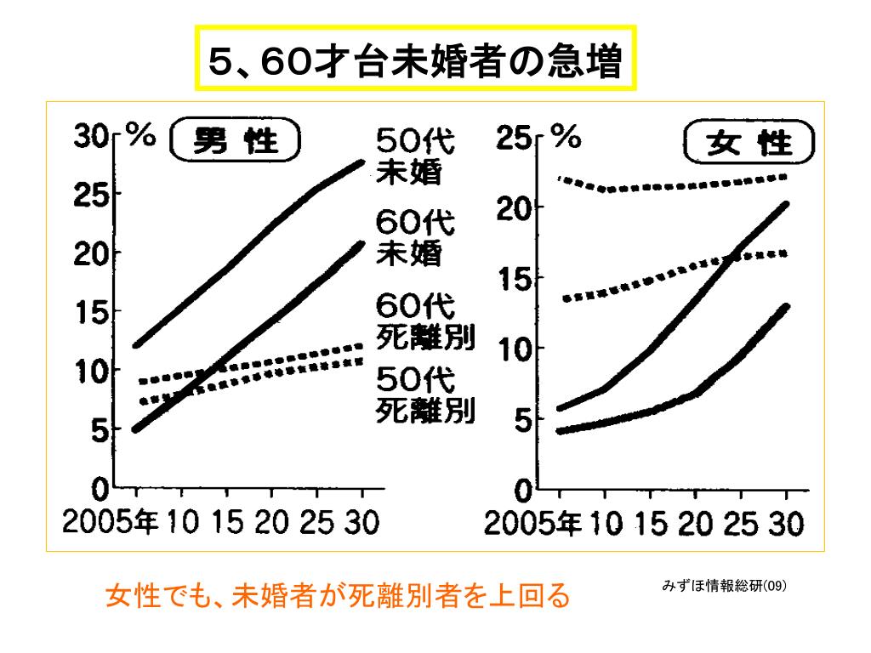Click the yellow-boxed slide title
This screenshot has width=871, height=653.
(416, 59)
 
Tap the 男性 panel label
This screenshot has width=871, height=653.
(236, 139)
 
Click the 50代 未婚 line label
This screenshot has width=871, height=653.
(415, 156)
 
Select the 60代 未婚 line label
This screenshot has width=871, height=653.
(415, 238)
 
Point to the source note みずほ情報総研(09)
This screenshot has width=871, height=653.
(724, 585)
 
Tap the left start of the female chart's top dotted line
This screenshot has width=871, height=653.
(560, 179)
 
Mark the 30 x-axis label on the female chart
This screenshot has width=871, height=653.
(785, 524)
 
